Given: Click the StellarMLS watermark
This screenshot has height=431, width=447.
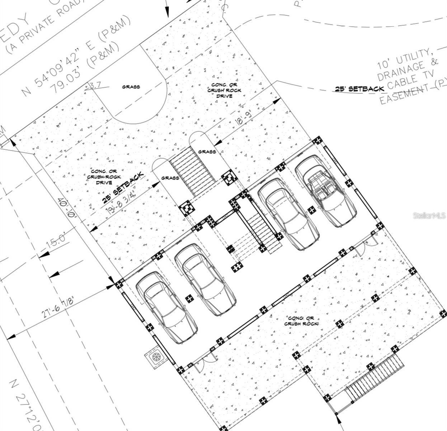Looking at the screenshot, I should click(x=429, y=215).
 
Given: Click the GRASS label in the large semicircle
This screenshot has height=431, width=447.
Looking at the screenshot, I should click(x=131, y=87).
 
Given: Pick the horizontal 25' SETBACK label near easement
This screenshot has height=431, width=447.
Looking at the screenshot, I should click(x=359, y=88).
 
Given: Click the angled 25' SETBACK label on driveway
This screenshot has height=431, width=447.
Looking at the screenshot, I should click(x=123, y=187).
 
